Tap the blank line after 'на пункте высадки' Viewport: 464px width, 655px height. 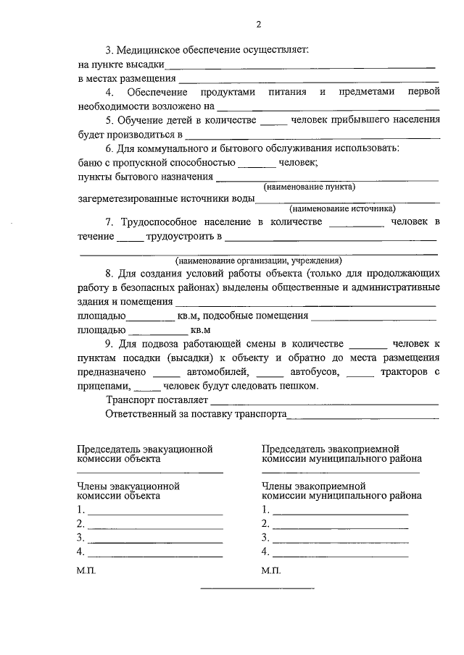coord(300,67)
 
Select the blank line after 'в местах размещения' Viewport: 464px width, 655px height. coord(309,80)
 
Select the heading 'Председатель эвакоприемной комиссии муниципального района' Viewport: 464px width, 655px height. coord(341,454)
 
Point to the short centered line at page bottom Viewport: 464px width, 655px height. coord(257,588)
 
